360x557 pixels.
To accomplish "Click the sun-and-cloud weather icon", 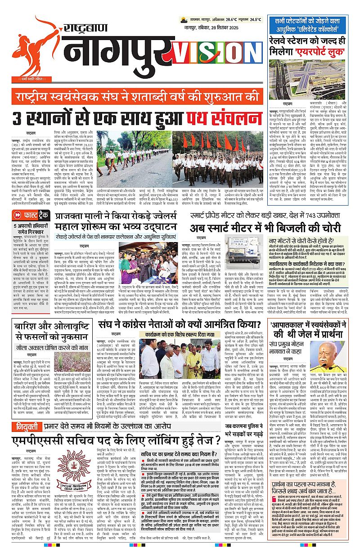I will pos(183,20).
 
